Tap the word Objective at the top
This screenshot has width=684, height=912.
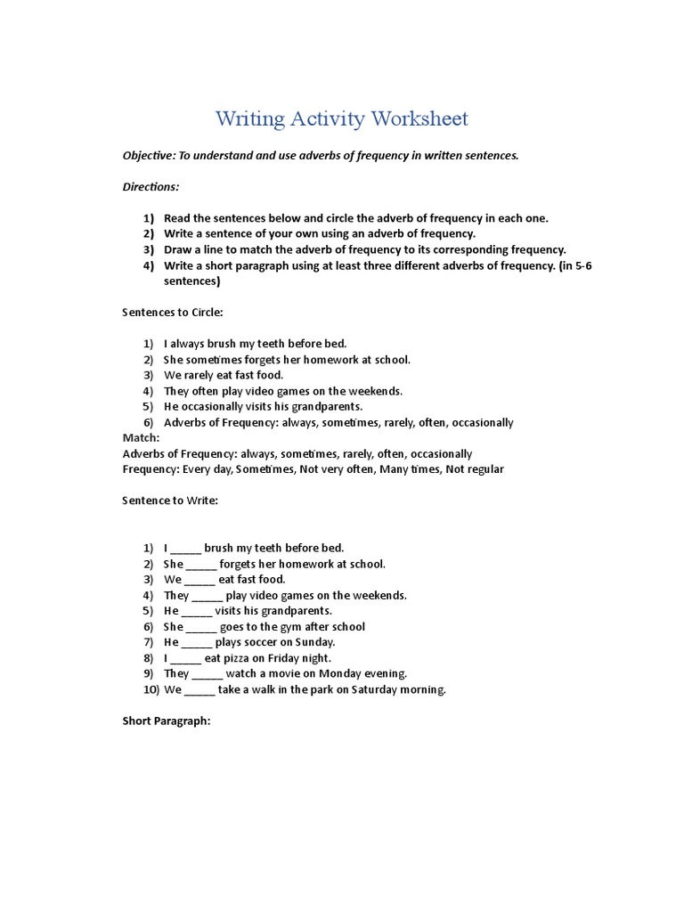coord(148,155)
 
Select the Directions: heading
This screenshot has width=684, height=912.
coord(151,187)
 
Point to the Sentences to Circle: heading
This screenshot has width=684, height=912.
coord(172,313)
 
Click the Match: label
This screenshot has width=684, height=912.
coord(141,438)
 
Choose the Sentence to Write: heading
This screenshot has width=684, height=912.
coord(170,501)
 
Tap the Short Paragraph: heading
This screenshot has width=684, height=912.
coord(166,721)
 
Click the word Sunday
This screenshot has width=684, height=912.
coord(315,642)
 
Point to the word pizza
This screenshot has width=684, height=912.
coord(236,658)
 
